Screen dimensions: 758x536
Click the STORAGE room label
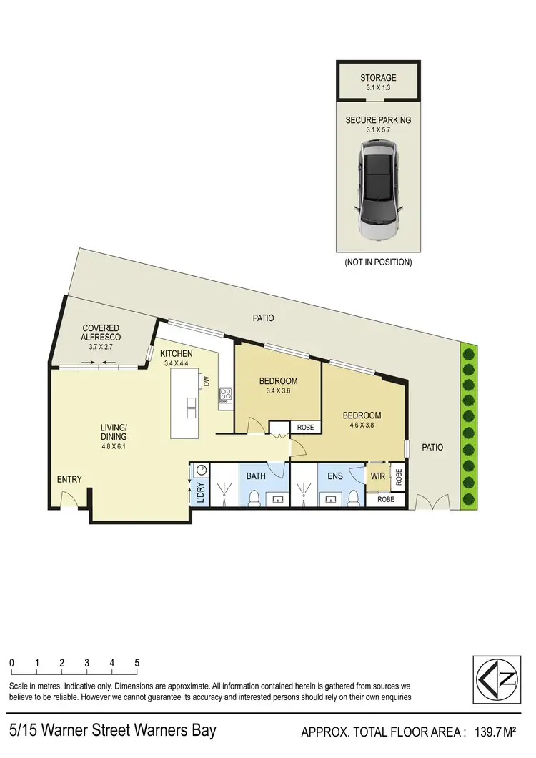378,77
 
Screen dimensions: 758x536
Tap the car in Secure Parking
378,189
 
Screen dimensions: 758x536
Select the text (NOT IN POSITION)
378,262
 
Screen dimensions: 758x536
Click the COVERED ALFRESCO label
101,333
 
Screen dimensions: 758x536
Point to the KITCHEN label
176,353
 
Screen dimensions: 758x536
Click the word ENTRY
69,480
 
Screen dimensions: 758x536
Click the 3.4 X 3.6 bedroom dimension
278,391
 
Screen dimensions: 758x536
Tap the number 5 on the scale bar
137,663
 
